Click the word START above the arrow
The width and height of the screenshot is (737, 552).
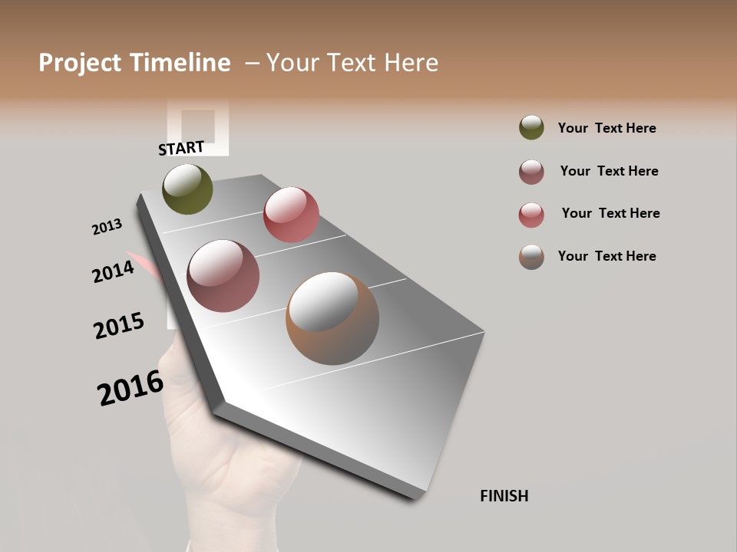pyautogui.click(x=181, y=148)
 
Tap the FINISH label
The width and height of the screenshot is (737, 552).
pyautogui.click(x=504, y=496)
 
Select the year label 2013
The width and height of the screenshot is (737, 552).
pyautogui.click(x=107, y=227)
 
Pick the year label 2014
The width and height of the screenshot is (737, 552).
pyautogui.click(x=113, y=271)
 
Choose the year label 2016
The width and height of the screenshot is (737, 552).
pyautogui.click(x=131, y=387)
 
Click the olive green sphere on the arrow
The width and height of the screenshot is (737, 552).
pyautogui.click(x=187, y=189)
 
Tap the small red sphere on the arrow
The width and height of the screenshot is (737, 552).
pyautogui.click(x=291, y=215)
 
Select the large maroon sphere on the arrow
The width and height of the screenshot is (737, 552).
pyautogui.click(x=223, y=276)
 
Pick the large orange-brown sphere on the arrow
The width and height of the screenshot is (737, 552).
pyautogui.click(x=332, y=318)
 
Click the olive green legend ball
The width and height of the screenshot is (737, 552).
pyautogui.click(x=531, y=127)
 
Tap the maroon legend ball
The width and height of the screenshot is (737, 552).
pyautogui.click(x=531, y=172)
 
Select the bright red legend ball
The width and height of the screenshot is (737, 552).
pyautogui.click(x=531, y=215)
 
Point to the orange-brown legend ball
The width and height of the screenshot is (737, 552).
pyautogui.click(x=531, y=257)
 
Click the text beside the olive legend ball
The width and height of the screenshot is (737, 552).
pyautogui.click(x=606, y=128)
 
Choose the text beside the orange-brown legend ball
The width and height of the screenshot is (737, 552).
pyautogui.click(x=606, y=256)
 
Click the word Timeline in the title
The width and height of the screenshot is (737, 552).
pyautogui.click(x=180, y=63)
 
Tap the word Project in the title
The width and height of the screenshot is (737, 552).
pyautogui.click(x=80, y=63)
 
